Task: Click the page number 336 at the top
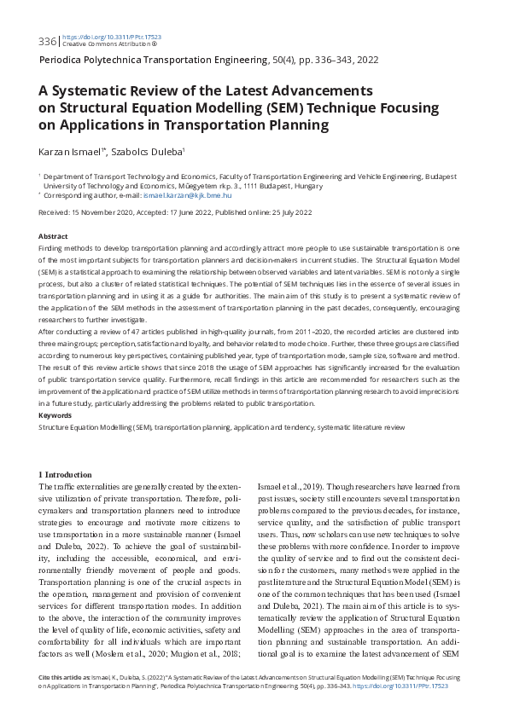pos(48,41)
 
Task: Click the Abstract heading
pos(53,235)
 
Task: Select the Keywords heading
pos(55,415)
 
